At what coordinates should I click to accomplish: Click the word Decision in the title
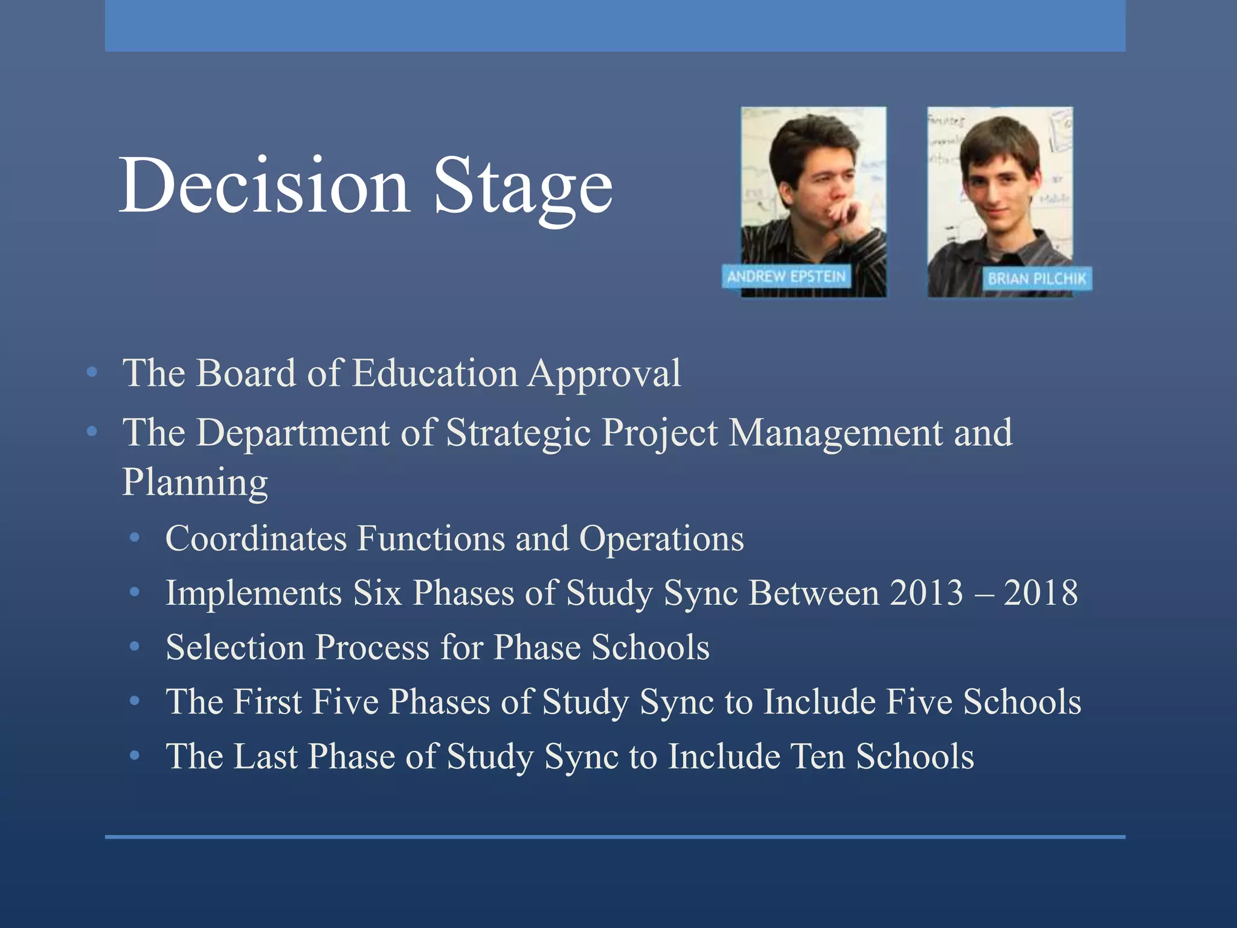click(x=265, y=185)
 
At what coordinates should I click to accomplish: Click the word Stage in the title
click(x=523, y=185)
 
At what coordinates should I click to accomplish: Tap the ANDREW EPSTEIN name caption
click(x=786, y=277)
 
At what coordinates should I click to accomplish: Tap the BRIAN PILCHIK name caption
click(x=1036, y=279)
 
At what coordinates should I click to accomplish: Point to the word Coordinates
click(x=256, y=538)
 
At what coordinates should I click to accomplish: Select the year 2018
click(x=1041, y=593)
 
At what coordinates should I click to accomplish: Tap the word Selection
click(x=235, y=647)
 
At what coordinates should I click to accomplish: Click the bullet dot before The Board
click(x=92, y=373)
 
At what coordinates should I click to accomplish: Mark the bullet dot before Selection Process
click(x=135, y=647)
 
